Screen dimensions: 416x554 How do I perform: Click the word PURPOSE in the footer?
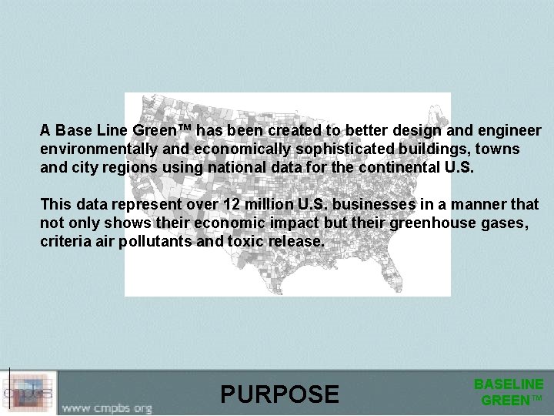(x=279, y=394)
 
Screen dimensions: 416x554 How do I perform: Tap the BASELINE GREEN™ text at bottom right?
(x=509, y=391)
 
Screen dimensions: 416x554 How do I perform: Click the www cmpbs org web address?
(x=107, y=405)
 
